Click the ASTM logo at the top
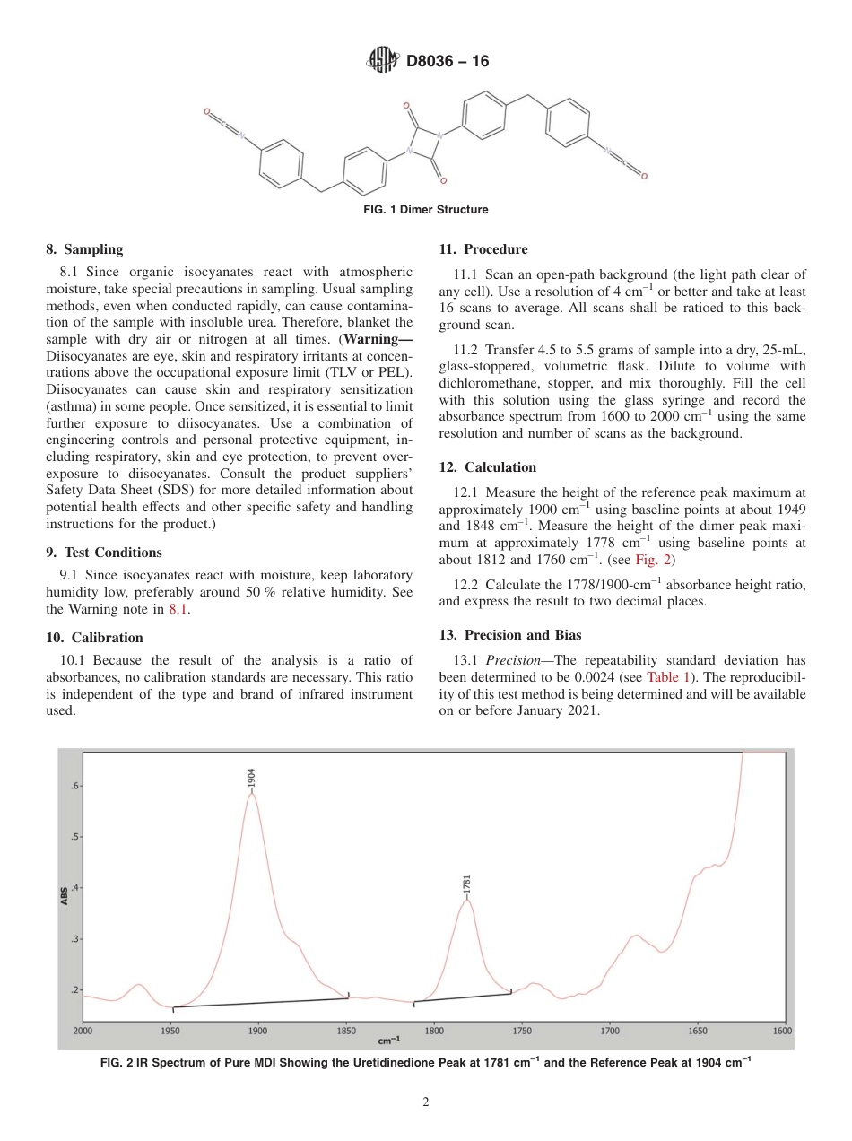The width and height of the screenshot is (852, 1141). pyautogui.click(x=383, y=61)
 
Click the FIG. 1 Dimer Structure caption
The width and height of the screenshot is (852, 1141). pyautogui.click(x=426, y=210)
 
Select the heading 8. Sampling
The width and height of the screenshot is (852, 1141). pyautogui.click(x=84, y=249)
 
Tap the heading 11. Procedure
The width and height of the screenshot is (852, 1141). pyautogui.click(x=483, y=249)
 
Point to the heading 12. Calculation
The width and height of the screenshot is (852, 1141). pyautogui.click(x=487, y=467)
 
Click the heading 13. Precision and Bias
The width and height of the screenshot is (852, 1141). pyautogui.click(x=509, y=635)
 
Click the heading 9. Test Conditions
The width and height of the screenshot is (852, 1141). pyautogui.click(x=104, y=553)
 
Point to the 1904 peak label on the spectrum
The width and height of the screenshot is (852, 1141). pyautogui.click(x=252, y=777)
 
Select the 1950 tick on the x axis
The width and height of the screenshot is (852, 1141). pyautogui.click(x=170, y=1032)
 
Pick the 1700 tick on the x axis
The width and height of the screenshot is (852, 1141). pyautogui.click(x=609, y=1032)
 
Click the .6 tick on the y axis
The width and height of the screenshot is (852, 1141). pyautogui.click(x=76, y=786)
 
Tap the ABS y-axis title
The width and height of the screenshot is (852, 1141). pyautogui.click(x=65, y=894)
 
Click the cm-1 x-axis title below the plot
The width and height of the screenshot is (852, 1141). pyautogui.click(x=389, y=1041)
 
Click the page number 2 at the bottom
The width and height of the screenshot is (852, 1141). pyautogui.click(x=426, y=1102)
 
